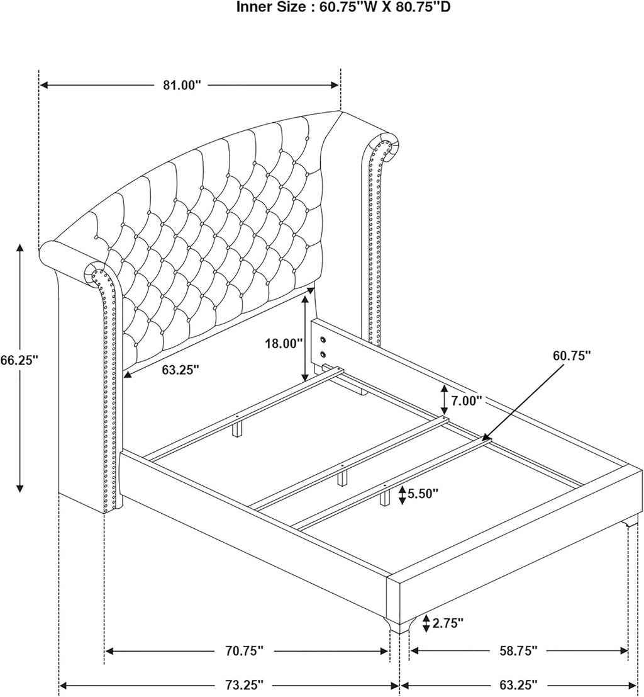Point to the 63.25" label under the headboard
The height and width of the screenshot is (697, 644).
click(180, 370)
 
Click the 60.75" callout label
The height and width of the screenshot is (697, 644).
click(572, 355)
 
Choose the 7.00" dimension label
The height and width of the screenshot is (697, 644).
click(467, 401)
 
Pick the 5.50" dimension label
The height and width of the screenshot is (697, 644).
click(423, 494)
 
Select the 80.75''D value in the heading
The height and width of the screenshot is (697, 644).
click(423, 7)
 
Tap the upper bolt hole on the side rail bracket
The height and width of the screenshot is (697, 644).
click(323, 341)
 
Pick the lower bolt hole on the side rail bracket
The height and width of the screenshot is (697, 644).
click(323, 354)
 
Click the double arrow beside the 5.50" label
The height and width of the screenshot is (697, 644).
click(402, 495)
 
